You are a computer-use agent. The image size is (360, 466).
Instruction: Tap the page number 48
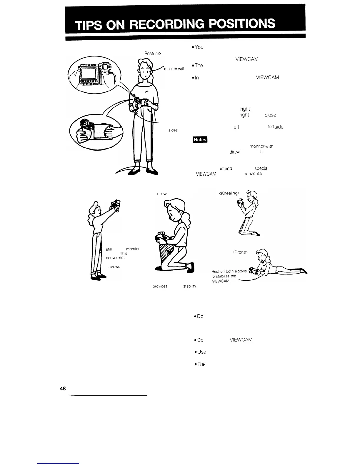pyautogui.click(x=63, y=388)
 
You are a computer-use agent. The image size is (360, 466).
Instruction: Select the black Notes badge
pyautogui.click(x=200, y=139)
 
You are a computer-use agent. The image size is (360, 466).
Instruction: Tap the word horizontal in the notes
pyautogui.click(x=253, y=174)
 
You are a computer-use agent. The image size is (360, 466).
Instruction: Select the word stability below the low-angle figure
pyautogui.click(x=189, y=286)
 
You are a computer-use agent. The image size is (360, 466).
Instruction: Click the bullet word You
pyautogui.click(x=199, y=47)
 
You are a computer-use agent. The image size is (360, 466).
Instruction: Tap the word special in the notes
pyautogui.click(x=261, y=169)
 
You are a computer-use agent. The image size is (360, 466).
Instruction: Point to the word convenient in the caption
pyautogui.click(x=116, y=258)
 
